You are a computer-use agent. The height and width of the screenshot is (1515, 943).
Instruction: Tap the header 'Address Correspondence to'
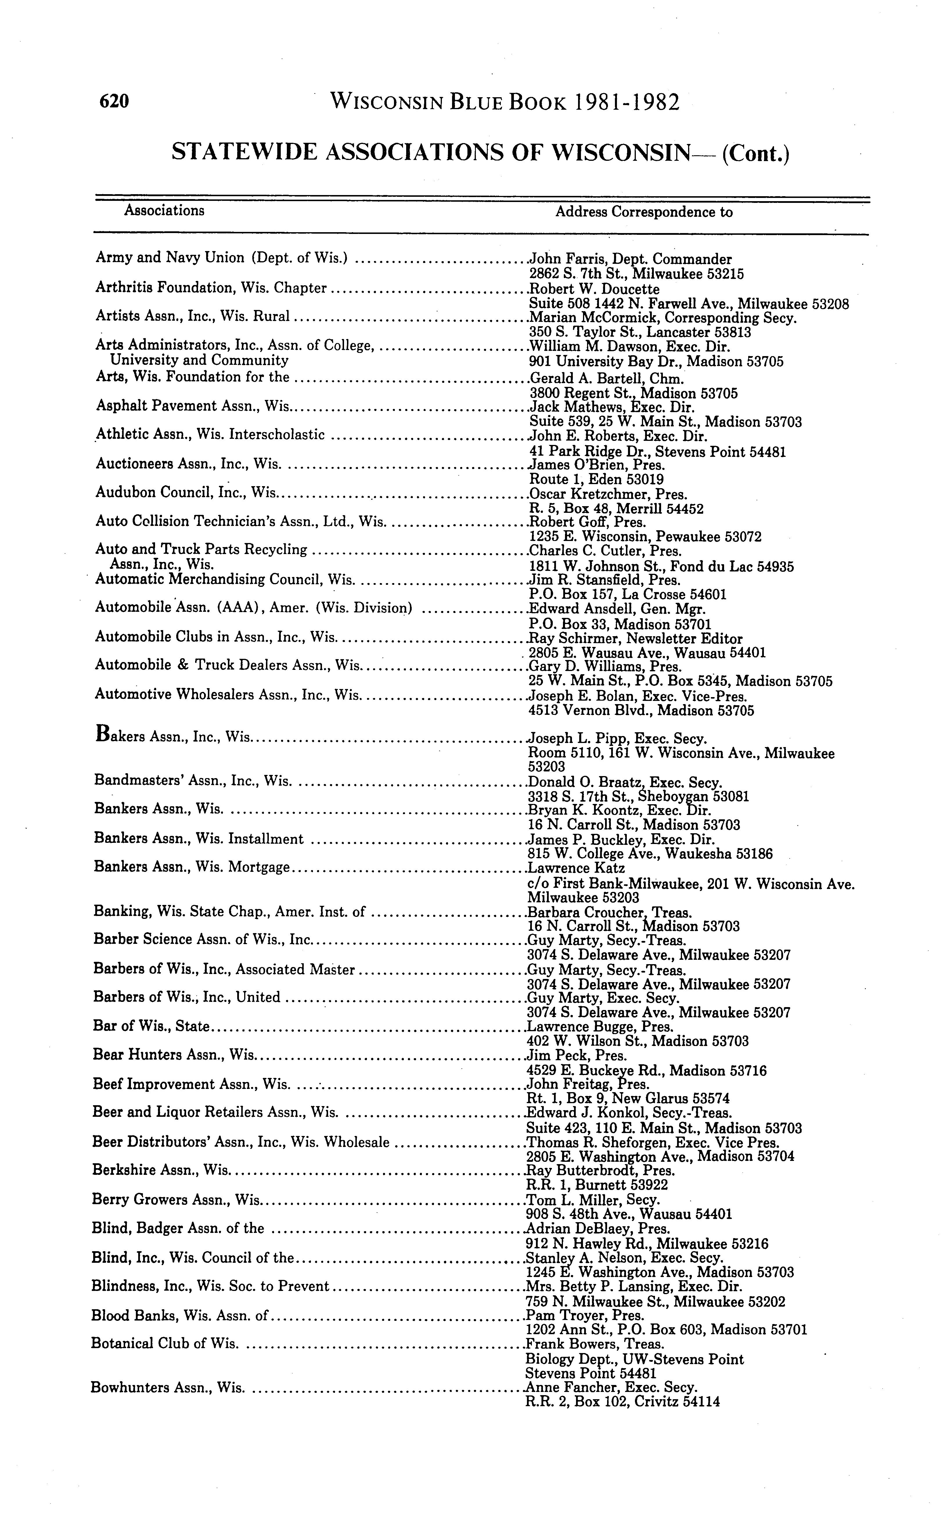click(x=644, y=212)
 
